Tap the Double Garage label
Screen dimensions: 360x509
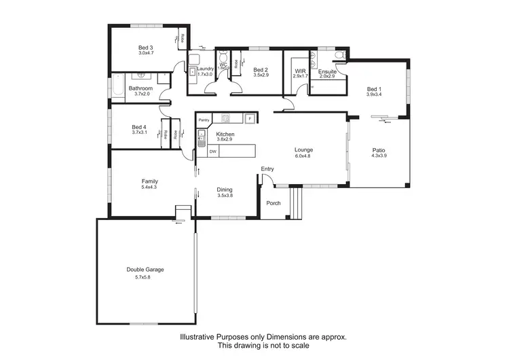tap(145, 270)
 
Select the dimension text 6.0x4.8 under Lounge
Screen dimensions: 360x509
tap(303, 156)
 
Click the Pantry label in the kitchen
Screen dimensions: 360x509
tap(204, 120)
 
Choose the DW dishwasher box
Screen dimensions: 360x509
tap(212, 151)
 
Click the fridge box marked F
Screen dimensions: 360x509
tap(250, 119)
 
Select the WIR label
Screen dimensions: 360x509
tap(299, 71)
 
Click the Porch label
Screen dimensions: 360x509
tap(273, 202)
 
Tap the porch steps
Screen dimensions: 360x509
tap(295, 201)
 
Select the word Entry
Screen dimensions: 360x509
tap(267, 169)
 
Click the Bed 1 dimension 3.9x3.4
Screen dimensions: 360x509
tap(374, 95)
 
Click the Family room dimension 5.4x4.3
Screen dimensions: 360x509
tap(149, 187)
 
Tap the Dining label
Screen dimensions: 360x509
tap(225, 189)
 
